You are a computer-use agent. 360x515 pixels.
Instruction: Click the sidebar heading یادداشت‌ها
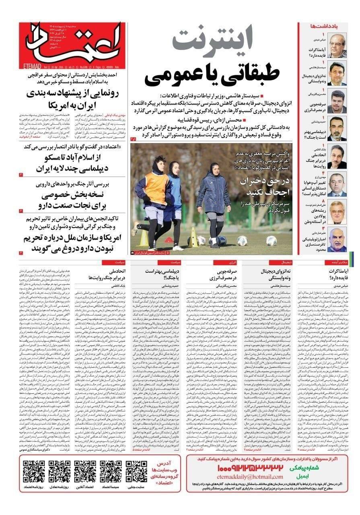321,26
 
